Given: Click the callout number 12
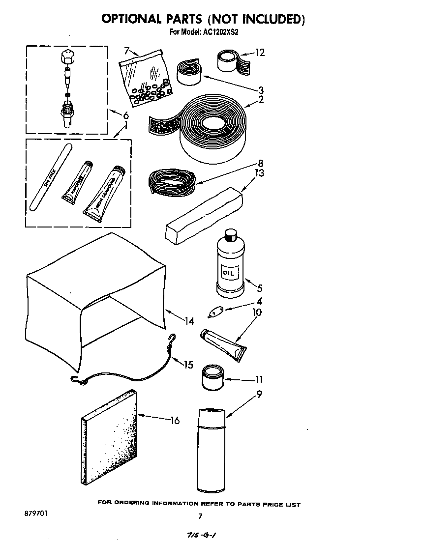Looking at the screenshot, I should tap(260, 52).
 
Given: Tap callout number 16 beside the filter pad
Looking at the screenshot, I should tap(174, 420).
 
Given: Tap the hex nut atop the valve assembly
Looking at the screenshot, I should tap(67, 57).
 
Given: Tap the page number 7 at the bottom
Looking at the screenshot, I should tap(200, 516).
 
